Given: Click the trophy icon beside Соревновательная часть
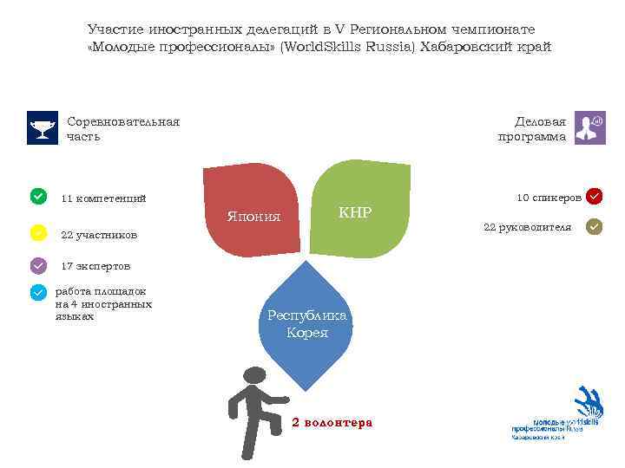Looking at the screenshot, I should [42, 127].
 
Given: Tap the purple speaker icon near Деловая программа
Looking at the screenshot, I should [590, 127].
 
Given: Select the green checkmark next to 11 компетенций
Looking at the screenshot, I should [38, 197].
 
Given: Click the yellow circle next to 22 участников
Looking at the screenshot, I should [38, 233].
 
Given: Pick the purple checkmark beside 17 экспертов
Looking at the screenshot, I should [38, 265].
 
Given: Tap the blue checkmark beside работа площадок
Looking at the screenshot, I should [38, 293].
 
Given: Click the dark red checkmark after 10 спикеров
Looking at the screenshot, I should [595, 197].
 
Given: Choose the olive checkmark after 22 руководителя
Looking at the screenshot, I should [595, 227].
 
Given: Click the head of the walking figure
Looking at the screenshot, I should [254, 377].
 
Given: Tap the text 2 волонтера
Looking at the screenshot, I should [332, 423].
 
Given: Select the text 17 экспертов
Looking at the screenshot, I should [95, 266].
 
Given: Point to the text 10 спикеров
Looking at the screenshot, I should [549, 198].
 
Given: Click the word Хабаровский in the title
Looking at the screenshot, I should [465, 47].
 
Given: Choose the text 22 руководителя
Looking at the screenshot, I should [527, 227].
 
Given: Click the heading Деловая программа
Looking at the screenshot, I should [532, 128].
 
